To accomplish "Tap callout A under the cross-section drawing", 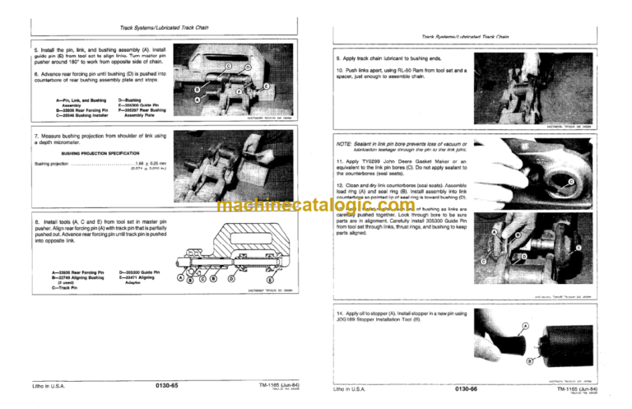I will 181,278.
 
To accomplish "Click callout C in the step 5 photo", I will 228,65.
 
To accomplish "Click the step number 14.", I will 341,314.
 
